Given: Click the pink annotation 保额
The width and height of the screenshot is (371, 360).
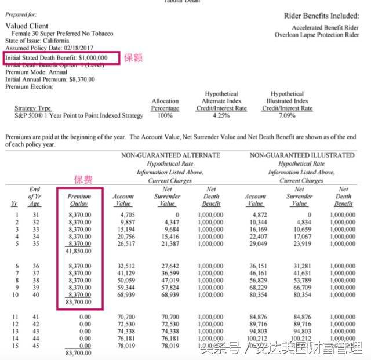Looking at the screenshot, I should click(133, 58).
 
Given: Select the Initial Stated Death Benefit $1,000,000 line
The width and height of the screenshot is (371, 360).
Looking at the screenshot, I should click(56, 58).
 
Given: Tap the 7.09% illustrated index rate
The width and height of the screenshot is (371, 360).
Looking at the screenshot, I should click(287, 115).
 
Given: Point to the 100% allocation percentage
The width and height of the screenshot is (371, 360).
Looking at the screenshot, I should click(165, 115).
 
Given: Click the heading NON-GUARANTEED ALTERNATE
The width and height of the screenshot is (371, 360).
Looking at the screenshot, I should click(170, 155).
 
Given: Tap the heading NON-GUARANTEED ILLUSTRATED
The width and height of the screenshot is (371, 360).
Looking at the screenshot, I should click(302, 155).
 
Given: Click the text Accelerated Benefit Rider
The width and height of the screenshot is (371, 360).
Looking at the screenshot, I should click(326, 28).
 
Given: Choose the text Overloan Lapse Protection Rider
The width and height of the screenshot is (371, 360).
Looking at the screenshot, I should click(317, 35).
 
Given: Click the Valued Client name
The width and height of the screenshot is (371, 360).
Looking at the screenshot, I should click(27, 26).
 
